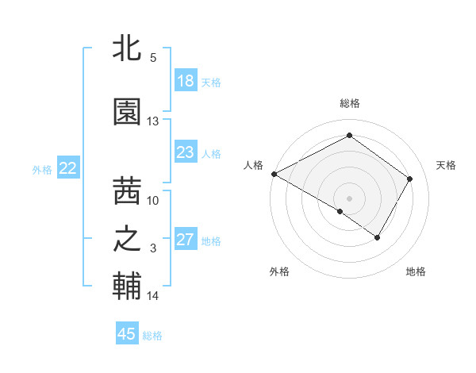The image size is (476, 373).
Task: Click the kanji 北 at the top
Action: point(127,48)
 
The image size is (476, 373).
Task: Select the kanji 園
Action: point(127,112)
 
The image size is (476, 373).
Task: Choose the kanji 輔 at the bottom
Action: point(127,286)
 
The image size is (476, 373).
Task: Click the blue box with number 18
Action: point(186,81)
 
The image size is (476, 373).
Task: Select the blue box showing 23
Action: point(186,152)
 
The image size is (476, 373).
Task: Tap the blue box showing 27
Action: point(186,240)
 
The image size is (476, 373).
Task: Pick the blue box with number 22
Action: point(68,168)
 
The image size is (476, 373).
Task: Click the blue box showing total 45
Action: point(127,334)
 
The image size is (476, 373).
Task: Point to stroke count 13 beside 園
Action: point(153,121)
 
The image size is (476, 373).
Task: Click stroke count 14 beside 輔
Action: point(153,296)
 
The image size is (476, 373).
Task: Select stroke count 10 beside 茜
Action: point(153,201)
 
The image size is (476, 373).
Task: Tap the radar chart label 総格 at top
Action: point(350,103)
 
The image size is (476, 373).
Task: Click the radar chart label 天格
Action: point(446,165)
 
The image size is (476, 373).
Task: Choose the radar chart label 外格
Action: point(279,271)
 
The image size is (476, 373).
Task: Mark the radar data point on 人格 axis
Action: point(274,174)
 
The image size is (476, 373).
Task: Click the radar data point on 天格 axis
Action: point(409,179)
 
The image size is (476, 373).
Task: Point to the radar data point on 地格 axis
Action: point(378,237)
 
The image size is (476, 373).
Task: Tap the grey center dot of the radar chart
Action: point(350,197)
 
